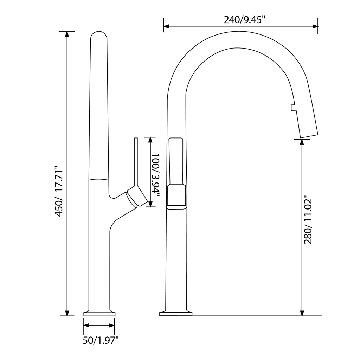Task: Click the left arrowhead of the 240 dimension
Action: tap(166, 26)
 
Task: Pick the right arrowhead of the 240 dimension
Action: tap(315, 26)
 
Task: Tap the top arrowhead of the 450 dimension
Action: tap(67, 34)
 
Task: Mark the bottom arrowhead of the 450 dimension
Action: tap(67, 313)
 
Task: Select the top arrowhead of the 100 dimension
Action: tap(150, 140)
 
